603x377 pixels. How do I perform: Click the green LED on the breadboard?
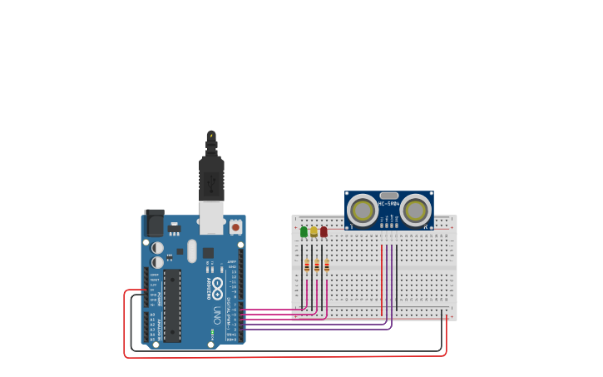(304, 231)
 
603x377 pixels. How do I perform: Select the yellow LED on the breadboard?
(314, 231)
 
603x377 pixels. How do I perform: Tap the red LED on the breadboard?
(324, 231)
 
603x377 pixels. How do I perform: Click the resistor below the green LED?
(307, 266)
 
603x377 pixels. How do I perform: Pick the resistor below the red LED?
(327, 266)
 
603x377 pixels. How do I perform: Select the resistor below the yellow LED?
(317, 266)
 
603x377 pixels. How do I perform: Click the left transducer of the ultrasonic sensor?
(363, 210)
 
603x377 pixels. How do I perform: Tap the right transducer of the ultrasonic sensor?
(415, 210)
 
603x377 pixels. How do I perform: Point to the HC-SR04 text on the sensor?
(389, 203)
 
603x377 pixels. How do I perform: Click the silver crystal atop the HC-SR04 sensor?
(389, 196)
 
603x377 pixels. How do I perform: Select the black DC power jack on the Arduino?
(154, 223)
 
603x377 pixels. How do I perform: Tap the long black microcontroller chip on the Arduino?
(172, 305)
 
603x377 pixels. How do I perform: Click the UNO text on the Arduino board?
(217, 315)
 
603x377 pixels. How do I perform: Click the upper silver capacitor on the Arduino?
(157, 248)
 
